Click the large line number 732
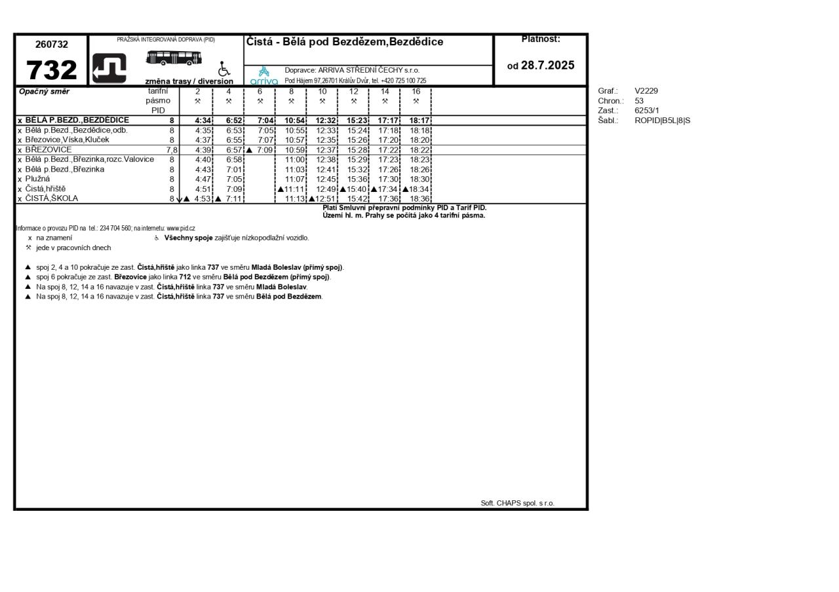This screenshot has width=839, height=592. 51,70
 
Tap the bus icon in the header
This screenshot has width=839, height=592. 174,58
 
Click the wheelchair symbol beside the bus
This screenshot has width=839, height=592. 224,69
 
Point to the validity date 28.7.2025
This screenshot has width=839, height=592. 547,65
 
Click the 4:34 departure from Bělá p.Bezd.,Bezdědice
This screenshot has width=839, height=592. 203,120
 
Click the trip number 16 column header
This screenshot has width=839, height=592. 416,92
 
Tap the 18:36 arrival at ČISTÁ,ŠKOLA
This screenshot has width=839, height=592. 419,199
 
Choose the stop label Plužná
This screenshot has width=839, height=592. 38,179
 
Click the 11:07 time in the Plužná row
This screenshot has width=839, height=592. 295,179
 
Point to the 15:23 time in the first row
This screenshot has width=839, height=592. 357,120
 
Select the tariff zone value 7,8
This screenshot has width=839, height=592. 172,150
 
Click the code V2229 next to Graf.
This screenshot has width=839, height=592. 646,91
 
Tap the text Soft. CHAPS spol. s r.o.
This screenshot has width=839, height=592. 517,503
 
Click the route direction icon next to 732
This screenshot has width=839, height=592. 109,68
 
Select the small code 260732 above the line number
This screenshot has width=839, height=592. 52,45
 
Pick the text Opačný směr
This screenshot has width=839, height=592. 44,92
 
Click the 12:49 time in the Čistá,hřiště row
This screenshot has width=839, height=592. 326,189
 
